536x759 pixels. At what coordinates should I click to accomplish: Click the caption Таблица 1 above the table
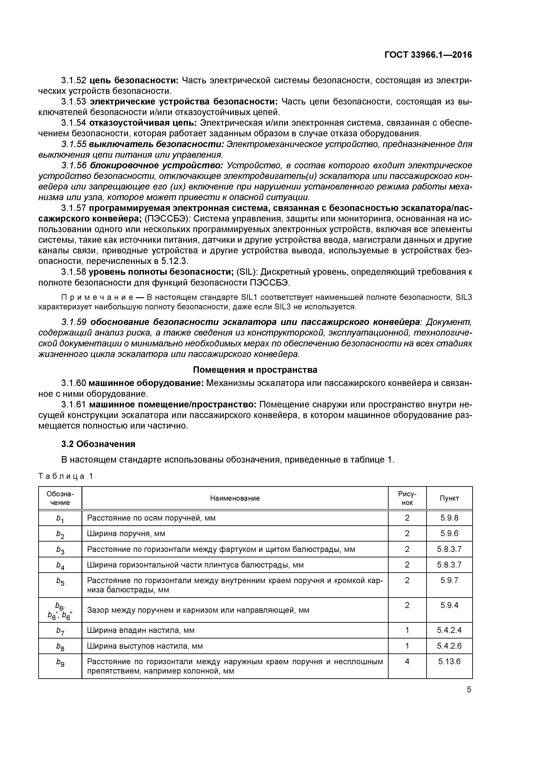pyautogui.click(x=66, y=476)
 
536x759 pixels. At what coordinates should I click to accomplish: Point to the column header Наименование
pyautogui.click(x=235, y=498)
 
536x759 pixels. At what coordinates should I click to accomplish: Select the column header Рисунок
pyautogui.click(x=407, y=498)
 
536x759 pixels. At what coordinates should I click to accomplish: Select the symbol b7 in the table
pyautogui.click(x=60, y=631)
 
